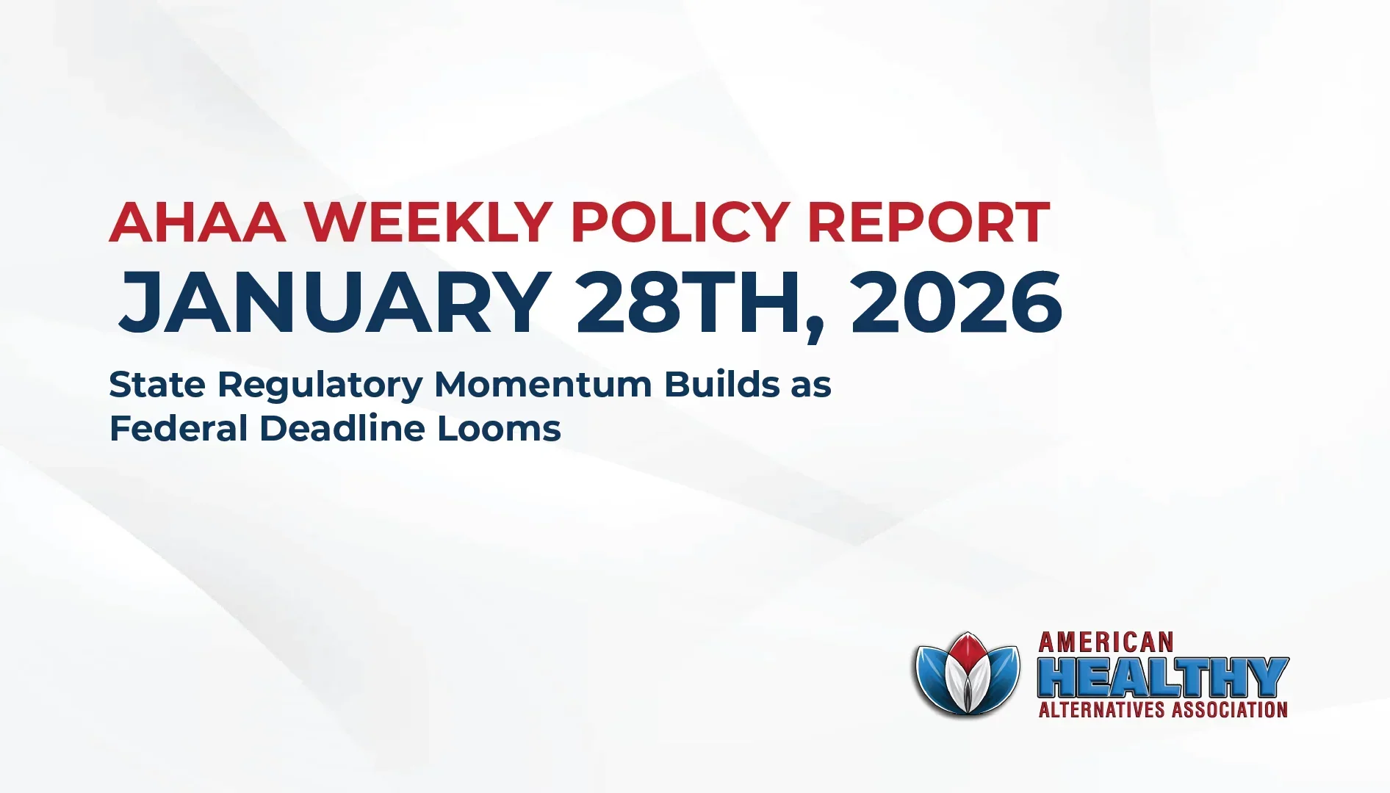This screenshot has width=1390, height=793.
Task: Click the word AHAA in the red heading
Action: [x=198, y=222]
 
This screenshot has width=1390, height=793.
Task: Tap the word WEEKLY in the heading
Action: [x=428, y=222]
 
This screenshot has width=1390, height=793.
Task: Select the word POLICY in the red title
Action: [x=680, y=222]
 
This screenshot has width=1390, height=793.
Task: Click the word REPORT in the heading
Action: [x=929, y=222]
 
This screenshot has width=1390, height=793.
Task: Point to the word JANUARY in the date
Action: [x=335, y=303]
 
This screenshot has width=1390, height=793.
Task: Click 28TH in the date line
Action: [x=688, y=303]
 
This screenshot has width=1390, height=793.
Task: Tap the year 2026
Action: [x=956, y=303]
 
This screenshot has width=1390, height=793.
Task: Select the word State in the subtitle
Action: [x=156, y=384]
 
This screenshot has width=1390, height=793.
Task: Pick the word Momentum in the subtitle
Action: [x=543, y=384]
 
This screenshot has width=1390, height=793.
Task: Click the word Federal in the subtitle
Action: [x=179, y=428]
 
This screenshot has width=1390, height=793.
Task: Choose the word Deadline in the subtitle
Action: [x=342, y=428]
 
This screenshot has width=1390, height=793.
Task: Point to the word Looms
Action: [x=499, y=428]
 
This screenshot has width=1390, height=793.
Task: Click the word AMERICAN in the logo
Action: [x=1106, y=643]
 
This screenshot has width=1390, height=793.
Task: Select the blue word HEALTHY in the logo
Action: [x=1163, y=677]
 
